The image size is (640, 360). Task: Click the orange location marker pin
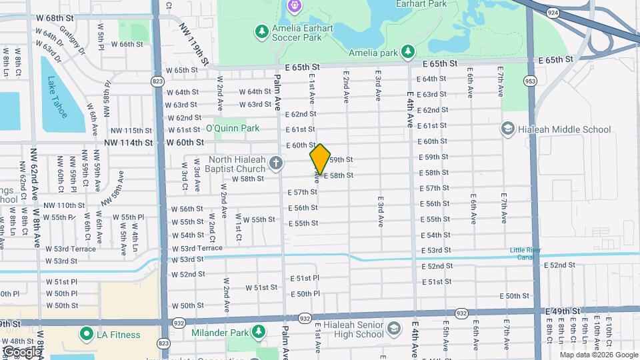click(x=320, y=159)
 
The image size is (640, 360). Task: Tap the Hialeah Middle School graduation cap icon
click(x=508, y=129)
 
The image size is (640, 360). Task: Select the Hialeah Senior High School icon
click(x=394, y=328)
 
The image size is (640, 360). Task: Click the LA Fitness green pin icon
click(x=86, y=334)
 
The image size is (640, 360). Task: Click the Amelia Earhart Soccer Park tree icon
click(x=261, y=31)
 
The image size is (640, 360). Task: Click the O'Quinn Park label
click(x=232, y=128)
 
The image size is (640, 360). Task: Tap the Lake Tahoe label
click(x=57, y=97)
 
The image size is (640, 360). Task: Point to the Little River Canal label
click(x=531, y=253)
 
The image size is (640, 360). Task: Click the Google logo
click(x=21, y=351)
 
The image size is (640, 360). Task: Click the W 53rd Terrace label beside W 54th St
click(x=197, y=247)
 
